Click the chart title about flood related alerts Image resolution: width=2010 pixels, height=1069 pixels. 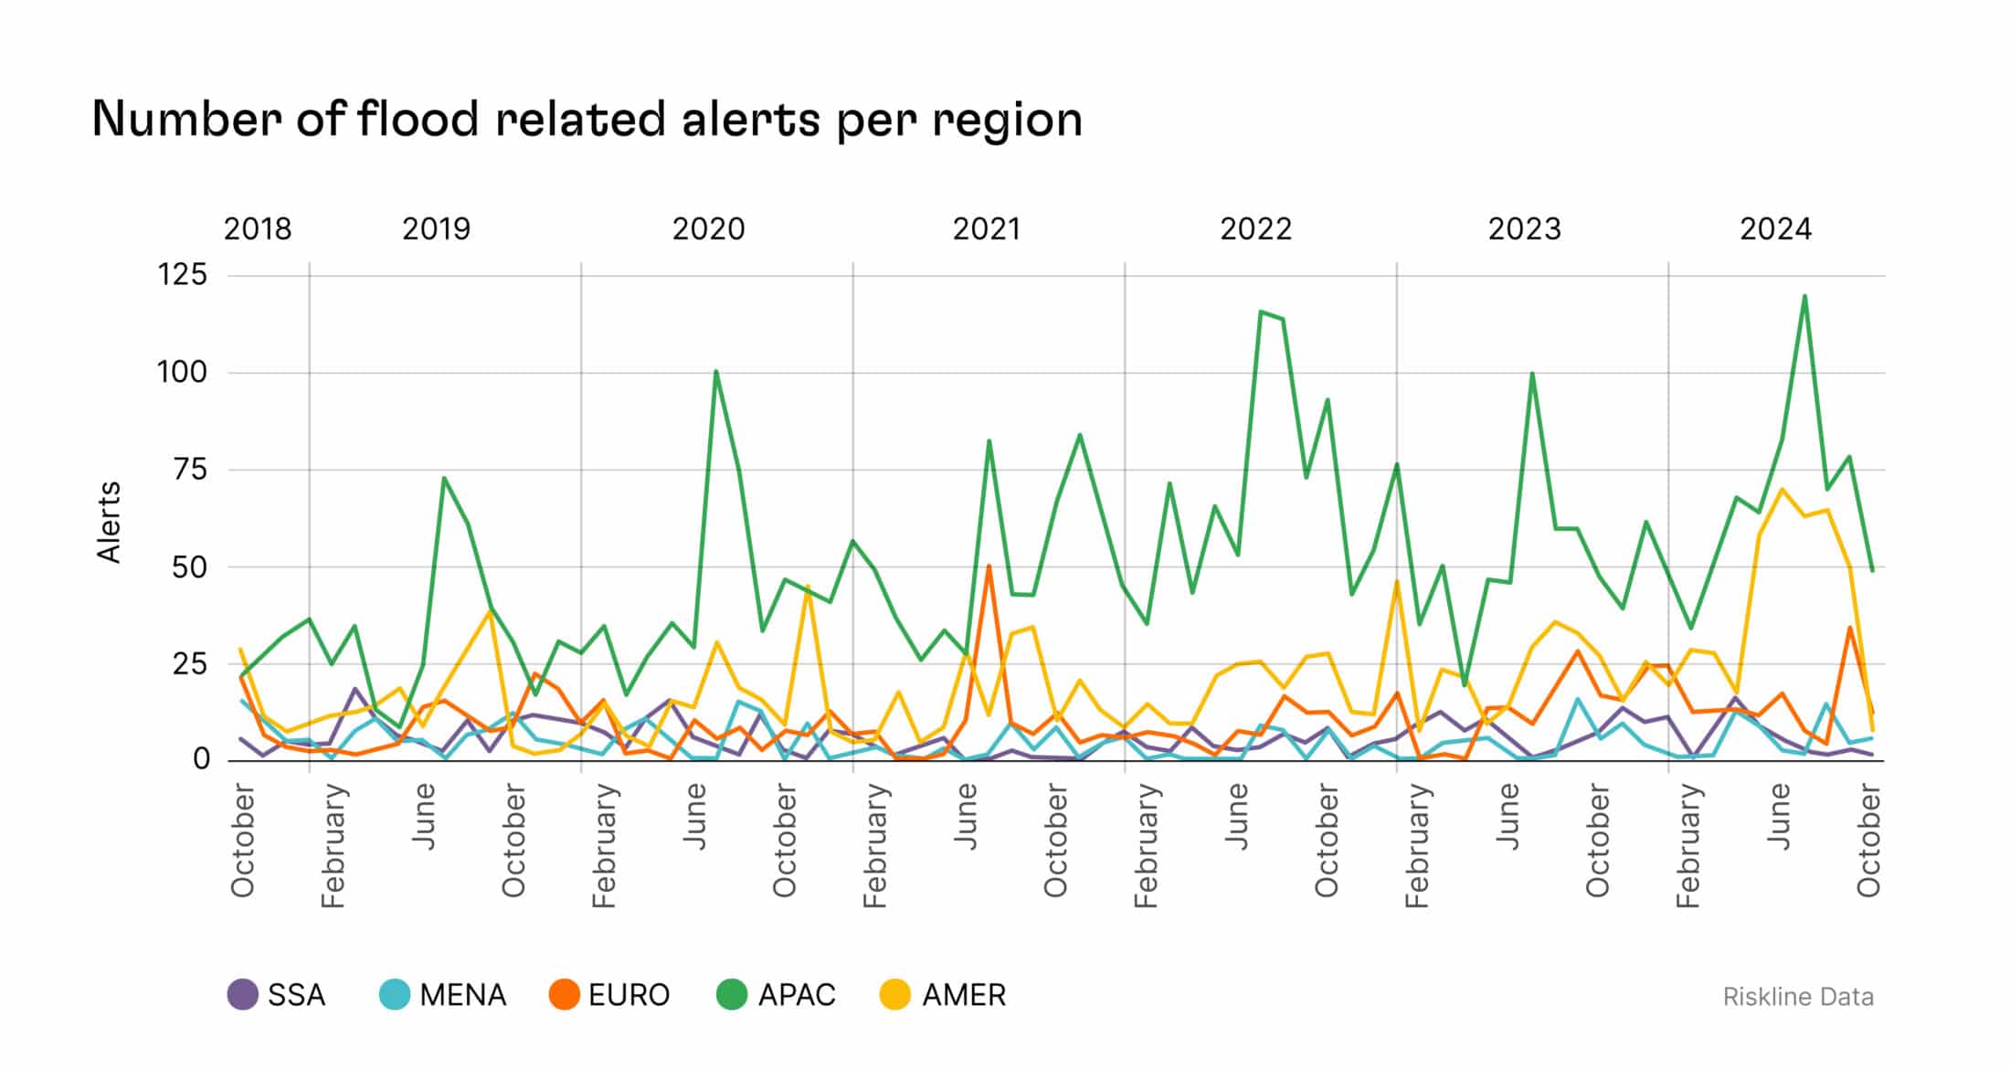point(587,120)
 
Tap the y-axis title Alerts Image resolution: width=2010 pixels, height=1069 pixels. point(110,522)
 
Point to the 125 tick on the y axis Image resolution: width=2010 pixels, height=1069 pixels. point(183,274)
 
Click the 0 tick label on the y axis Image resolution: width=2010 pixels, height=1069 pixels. point(201,759)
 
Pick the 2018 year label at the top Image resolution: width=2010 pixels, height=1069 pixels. point(258,228)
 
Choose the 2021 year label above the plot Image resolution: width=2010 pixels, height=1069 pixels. point(986,228)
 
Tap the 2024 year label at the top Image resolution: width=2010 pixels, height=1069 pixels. point(1775,228)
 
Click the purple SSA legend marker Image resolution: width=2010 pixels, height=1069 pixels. point(243,994)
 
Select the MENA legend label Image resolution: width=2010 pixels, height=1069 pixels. point(462,994)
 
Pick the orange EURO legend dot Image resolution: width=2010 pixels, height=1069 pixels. point(565,994)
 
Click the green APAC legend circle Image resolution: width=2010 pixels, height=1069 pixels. point(732,994)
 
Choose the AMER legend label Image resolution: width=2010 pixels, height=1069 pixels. point(964,994)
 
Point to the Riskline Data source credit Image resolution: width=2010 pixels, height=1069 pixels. point(1797,997)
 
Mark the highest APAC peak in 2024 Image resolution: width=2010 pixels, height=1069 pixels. point(1804,296)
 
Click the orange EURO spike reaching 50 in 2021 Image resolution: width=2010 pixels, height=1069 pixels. point(989,566)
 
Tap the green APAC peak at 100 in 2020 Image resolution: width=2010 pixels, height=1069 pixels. point(715,371)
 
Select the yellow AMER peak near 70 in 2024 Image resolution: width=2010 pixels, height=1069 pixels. point(1782,489)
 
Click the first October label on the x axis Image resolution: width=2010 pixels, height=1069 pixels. point(243,841)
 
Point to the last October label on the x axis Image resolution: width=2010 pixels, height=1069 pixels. point(1868,841)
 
